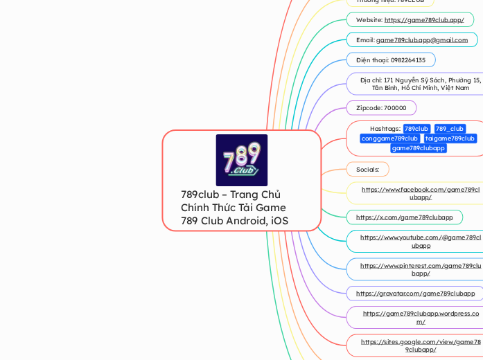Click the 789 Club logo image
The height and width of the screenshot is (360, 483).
click(x=241, y=160)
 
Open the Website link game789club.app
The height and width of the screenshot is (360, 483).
click(x=423, y=20)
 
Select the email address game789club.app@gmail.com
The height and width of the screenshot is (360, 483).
click(x=421, y=40)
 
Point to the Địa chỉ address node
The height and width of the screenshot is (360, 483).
click(x=420, y=84)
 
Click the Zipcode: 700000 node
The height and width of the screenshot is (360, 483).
click(x=381, y=108)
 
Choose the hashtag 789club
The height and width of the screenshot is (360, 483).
click(x=416, y=129)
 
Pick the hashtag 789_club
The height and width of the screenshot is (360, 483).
click(x=449, y=129)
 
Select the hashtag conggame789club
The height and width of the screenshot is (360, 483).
click(x=389, y=138)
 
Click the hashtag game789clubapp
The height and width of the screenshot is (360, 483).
click(x=418, y=148)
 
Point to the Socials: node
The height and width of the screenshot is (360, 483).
click(x=367, y=169)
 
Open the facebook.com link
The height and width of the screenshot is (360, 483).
click(x=420, y=193)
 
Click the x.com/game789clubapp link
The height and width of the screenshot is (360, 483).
click(x=404, y=217)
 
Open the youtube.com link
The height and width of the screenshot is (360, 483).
click(x=420, y=241)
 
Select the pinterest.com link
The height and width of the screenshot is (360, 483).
click(x=420, y=269)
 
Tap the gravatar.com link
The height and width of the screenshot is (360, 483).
click(x=415, y=294)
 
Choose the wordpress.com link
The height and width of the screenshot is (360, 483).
click(x=420, y=317)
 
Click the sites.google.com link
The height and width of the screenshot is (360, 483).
click(x=420, y=345)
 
